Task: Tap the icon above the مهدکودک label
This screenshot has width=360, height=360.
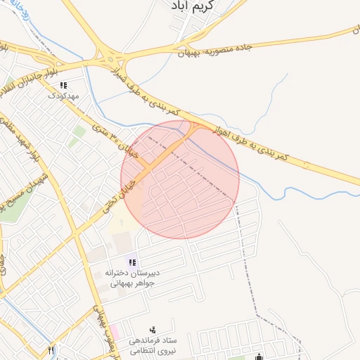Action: click(x=64, y=85)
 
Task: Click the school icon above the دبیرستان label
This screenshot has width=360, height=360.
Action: click(x=133, y=262)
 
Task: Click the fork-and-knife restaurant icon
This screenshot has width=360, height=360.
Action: click(x=51, y=349)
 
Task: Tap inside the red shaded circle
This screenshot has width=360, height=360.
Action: click(x=181, y=180)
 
